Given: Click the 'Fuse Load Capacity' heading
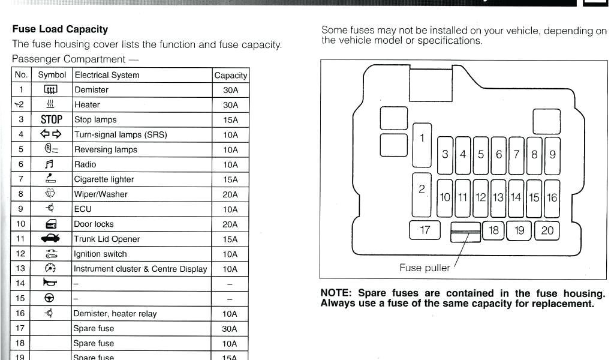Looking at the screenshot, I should click(x=60, y=29).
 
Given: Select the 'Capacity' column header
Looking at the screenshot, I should click(x=230, y=75).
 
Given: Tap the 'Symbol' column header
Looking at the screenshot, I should click(x=52, y=75).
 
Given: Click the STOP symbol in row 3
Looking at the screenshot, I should click(x=52, y=119).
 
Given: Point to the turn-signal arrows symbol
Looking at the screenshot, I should click(x=51, y=134).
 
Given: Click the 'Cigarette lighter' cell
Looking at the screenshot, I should click(x=104, y=179).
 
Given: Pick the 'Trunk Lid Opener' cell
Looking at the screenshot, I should click(x=107, y=239).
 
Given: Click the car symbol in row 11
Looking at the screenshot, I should click(x=51, y=239).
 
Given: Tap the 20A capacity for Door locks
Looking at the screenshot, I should click(x=230, y=224).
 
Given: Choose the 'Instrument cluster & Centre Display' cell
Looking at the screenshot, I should click(x=140, y=269).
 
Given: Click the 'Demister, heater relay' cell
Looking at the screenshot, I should click(x=115, y=314).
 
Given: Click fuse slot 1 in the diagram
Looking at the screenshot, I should click(x=422, y=145).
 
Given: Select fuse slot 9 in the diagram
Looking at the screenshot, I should click(x=552, y=154).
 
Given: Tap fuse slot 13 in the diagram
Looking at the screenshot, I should click(x=498, y=197).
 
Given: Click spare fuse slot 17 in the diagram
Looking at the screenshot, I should click(x=425, y=230).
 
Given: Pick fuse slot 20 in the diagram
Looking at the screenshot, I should click(x=547, y=230).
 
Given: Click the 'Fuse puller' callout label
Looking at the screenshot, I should click(x=425, y=268).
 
